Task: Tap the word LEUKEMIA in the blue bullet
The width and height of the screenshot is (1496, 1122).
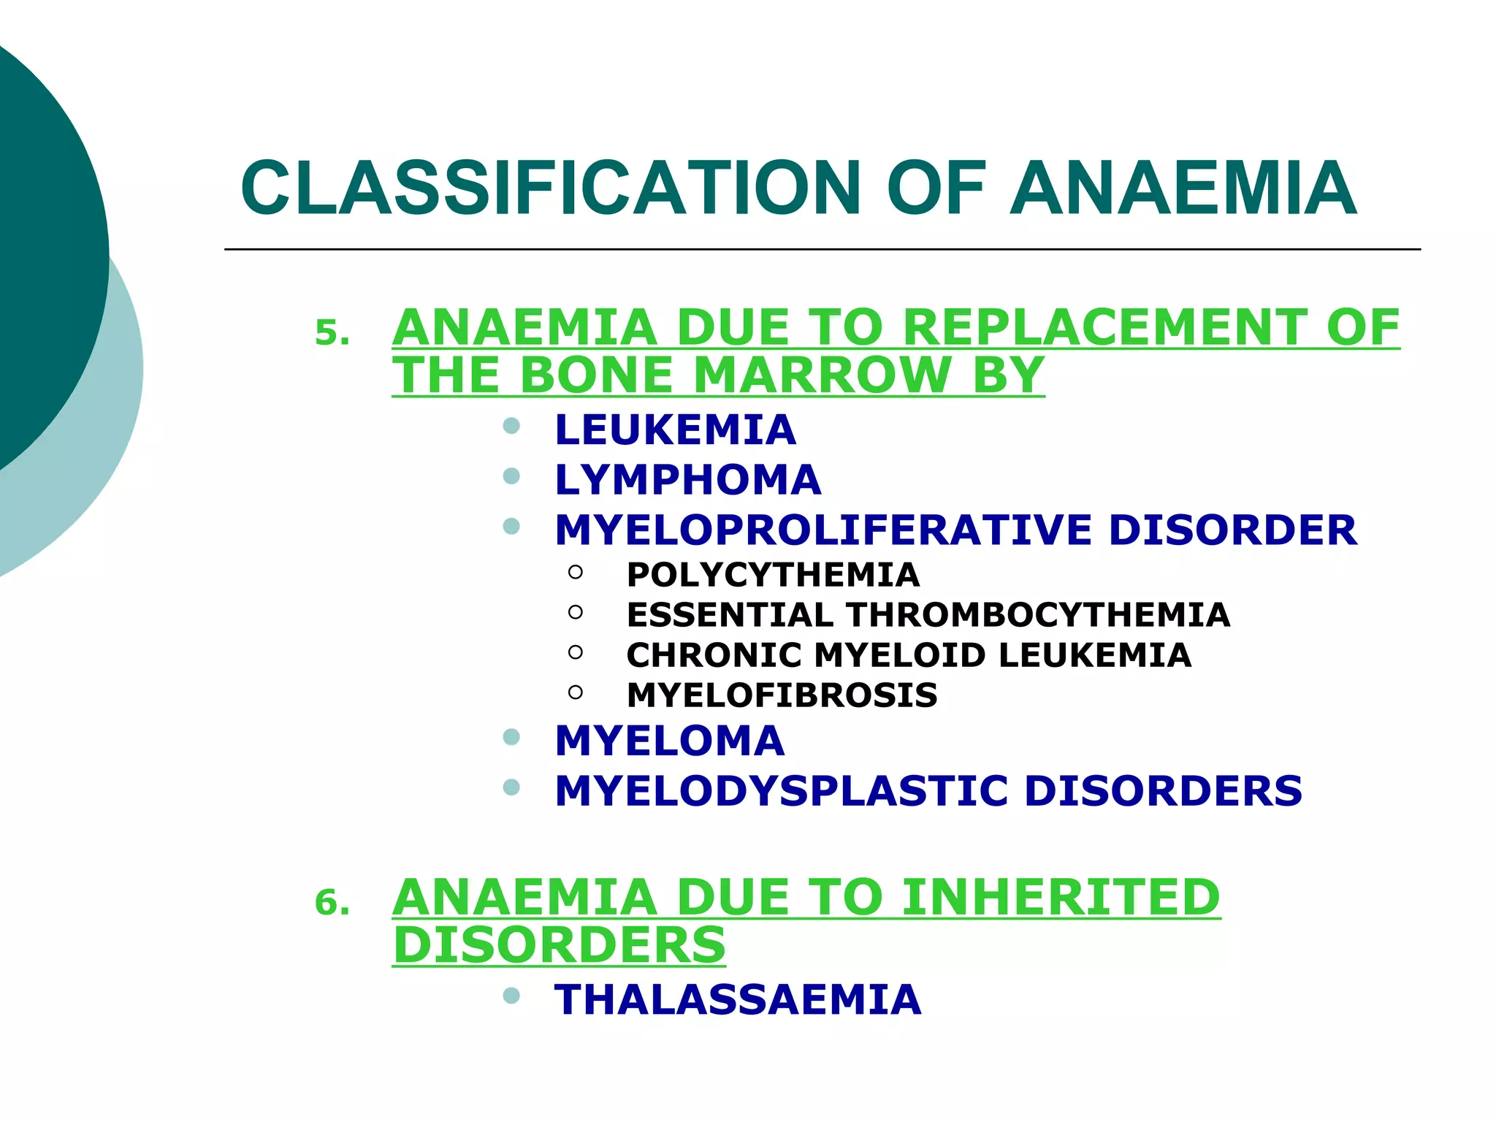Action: (675, 430)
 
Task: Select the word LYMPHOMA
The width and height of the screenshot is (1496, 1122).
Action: (687, 480)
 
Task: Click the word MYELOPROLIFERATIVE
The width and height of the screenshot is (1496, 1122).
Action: (823, 530)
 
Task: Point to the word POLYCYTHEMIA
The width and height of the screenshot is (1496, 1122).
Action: (773, 575)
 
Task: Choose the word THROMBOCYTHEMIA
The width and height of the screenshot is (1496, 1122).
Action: (1038, 615)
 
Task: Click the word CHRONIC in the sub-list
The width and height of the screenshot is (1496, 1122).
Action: (714, 655)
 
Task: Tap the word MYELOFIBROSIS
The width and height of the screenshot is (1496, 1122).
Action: (782, 695)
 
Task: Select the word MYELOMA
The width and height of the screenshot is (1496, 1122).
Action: (669, 741)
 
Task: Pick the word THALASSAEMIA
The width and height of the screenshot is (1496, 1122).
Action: (738, 1000)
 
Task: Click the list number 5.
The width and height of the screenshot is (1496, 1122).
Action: (331, 334)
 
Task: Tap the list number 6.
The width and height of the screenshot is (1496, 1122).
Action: (331, 904)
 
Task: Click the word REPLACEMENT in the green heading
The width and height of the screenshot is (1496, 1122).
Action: (1104, 327)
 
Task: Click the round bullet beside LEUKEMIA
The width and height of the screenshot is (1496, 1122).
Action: (511, 426)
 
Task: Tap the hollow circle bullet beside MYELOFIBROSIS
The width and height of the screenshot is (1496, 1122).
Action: (576, 692)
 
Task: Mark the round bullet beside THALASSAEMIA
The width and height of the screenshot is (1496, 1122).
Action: (511, 996)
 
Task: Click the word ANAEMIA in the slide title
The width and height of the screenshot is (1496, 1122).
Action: (1183, 188)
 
